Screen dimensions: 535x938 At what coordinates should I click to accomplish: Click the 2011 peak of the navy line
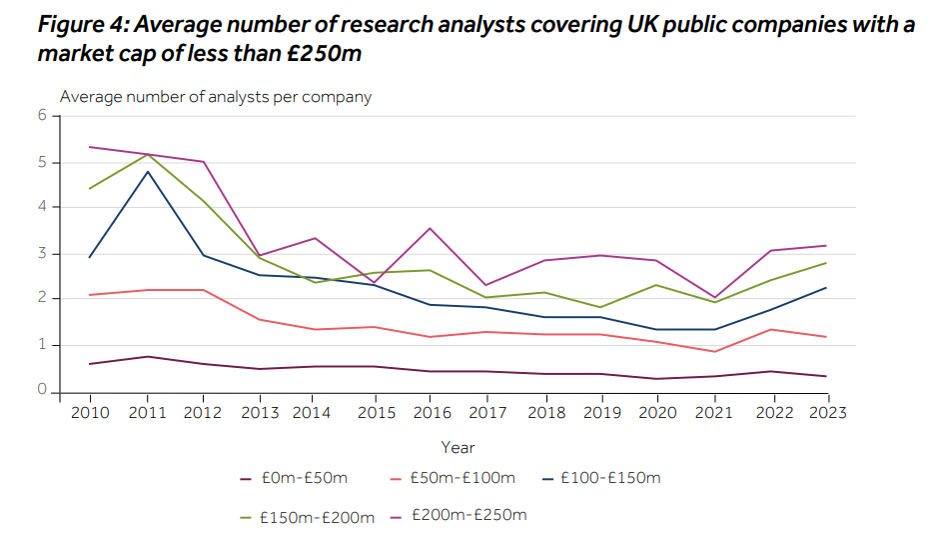pos(148,171)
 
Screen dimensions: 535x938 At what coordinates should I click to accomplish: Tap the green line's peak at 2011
pos(148,154)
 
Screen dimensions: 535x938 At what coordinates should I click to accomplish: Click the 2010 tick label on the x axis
pos(90,412)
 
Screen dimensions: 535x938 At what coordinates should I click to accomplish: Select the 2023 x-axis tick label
pos(825,412)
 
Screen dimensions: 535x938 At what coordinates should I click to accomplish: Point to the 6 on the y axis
pos(43,116)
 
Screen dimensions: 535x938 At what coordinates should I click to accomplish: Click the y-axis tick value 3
pos(43,254)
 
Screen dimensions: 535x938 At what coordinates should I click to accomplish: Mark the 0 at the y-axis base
pos(43,390)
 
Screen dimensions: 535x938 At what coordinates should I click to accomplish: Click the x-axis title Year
pos(458,447)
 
